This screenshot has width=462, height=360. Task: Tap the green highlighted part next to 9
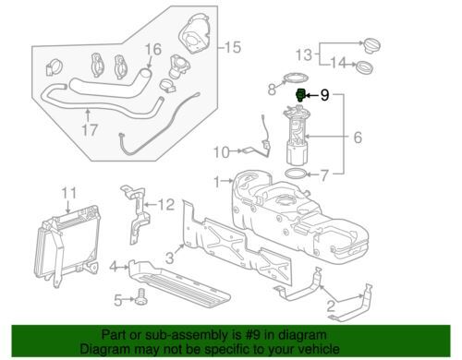[x=300, y=94]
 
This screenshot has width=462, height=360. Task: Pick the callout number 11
[x=66, y=193]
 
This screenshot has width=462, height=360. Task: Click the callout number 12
[x=165, y=204]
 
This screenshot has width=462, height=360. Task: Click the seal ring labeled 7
[x=293, y=173]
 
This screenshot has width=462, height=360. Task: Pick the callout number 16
[x=152, y=47]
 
